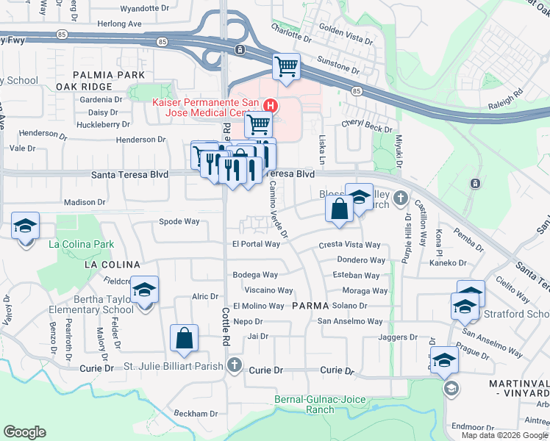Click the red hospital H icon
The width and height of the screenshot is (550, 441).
(270, 106)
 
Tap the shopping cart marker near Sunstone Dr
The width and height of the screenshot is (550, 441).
(286, 67)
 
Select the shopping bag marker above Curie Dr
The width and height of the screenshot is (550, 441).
(184, 338)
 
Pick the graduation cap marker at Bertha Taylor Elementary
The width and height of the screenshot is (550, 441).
(145, 290)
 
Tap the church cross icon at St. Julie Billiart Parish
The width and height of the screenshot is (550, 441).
(234, 365)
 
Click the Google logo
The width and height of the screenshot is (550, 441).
(24, 432)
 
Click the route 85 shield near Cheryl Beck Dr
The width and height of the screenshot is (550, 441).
(357, 90)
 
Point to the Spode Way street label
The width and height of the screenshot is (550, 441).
(179, 221)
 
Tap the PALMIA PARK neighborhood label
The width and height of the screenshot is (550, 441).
(101, 74)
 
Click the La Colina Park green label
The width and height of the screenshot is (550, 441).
(81, 244)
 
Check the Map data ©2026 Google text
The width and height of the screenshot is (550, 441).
(504, 435)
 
